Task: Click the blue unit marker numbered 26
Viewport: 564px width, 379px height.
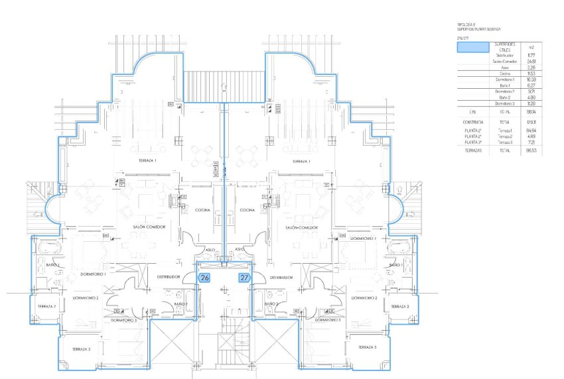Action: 204,278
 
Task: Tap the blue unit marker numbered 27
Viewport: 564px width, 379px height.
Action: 245,278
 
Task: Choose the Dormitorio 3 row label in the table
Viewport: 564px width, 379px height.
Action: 504,103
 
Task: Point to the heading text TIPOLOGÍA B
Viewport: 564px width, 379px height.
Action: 467,25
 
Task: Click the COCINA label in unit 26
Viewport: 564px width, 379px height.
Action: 202,210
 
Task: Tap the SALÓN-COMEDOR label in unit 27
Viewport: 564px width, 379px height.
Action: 302,227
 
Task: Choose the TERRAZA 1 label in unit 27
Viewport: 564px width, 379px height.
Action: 302,161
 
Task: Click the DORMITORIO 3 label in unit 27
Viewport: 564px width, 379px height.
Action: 326,320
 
